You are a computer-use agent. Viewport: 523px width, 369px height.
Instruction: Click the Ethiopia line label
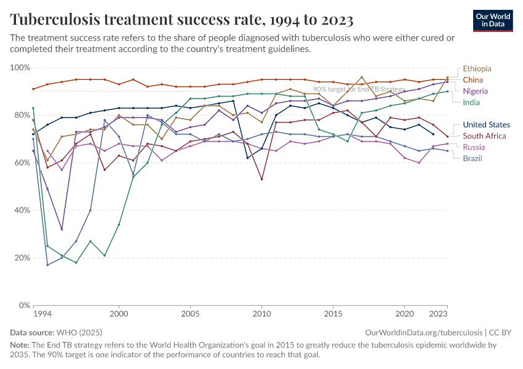[x=477, y=69]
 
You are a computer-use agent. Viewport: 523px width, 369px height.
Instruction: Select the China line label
[x=473, y=80]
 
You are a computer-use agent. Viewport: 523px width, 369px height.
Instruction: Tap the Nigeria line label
[x=475, y=91]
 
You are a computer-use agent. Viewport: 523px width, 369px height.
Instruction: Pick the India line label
[x=471, y=102]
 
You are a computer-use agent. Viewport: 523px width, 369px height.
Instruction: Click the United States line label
[x=486, y=125]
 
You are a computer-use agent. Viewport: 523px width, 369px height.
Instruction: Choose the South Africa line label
[x=485, y=136]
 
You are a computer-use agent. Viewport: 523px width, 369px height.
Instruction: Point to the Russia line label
[x=474, y=147]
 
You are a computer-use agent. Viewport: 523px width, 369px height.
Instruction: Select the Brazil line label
[x=473, y=158]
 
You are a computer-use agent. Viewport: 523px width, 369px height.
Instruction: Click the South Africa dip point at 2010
[x=261, y=180]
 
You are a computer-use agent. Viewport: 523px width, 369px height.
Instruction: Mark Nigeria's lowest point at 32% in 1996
[x=62, y=229]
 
